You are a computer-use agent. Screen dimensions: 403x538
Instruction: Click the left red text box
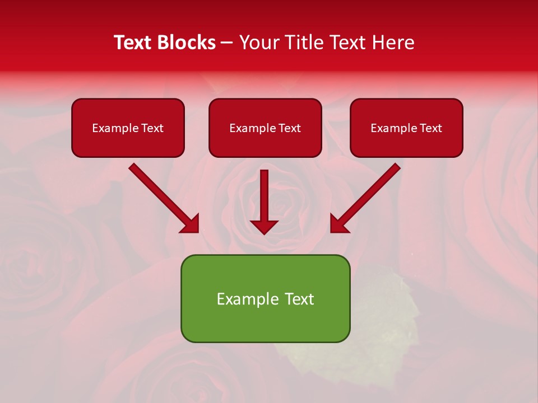click(128, 128)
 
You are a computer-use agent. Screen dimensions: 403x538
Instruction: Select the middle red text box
click(265, 128)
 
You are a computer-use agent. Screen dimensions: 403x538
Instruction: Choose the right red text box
click(406, 128)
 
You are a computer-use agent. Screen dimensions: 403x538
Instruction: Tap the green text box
click(265, 298)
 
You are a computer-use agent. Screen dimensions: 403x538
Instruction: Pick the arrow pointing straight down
click(264, 196)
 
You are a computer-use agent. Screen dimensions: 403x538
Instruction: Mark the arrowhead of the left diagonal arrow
click(190, 223)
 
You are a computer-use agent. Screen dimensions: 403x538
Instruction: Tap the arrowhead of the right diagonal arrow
click(339, 223)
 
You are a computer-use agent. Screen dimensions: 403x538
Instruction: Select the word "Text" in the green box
click(299, 299)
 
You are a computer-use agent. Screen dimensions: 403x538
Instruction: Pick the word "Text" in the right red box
click(430, 128)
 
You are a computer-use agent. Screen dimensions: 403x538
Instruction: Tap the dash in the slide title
click(227, 43)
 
